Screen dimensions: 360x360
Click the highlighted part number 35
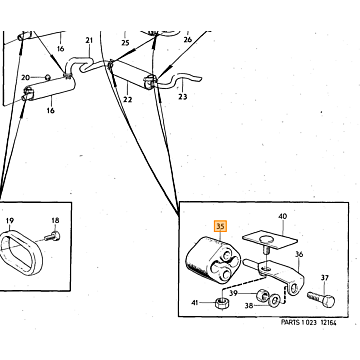click(x=220, y=226)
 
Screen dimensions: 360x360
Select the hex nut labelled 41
click(x=220, y=303)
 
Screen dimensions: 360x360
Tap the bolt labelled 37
click(x=321, y=299)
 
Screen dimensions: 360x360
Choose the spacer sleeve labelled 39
click(x=262, y=295)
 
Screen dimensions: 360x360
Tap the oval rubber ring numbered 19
click(x=21, y=252)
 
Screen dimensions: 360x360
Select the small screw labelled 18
click(x=53, y=237)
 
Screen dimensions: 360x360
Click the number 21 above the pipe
click(x=89, y=40)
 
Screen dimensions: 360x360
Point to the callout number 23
click(x=183, y=97)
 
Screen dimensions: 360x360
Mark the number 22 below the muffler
click(x=128, y=99)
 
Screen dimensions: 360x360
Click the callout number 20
click(x=26, y=78)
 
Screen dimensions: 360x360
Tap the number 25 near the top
click(x=125, y=43)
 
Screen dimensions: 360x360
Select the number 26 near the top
click(x=188, y=40)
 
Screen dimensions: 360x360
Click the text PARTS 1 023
click(x=299, y=322)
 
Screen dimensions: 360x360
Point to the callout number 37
click(x=325, y=277)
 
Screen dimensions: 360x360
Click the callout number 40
click(x=283, y=217)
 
